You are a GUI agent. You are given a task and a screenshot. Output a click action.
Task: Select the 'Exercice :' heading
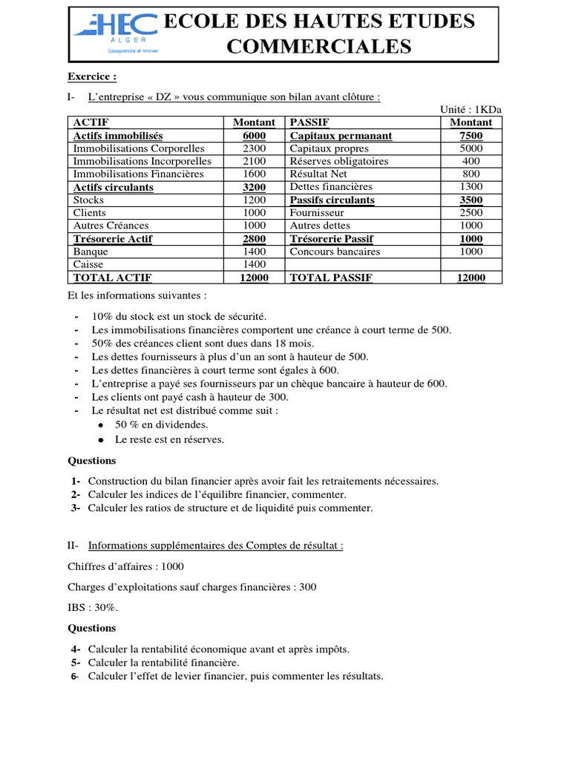[92, 76]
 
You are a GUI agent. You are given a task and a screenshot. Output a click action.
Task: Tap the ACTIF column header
[91, 122]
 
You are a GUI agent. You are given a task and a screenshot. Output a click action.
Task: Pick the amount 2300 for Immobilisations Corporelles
[254, 148]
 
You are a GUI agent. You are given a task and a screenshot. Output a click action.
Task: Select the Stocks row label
[89, 200]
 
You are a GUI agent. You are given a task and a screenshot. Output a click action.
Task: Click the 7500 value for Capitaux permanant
[471, 136]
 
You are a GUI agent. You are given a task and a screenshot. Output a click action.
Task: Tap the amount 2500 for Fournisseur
[471, 213]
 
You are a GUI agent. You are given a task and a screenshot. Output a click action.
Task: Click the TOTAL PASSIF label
[331, 278]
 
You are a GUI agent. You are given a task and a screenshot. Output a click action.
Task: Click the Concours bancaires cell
[335, 252]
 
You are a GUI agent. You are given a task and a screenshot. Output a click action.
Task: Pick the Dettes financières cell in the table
[331, 187]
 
